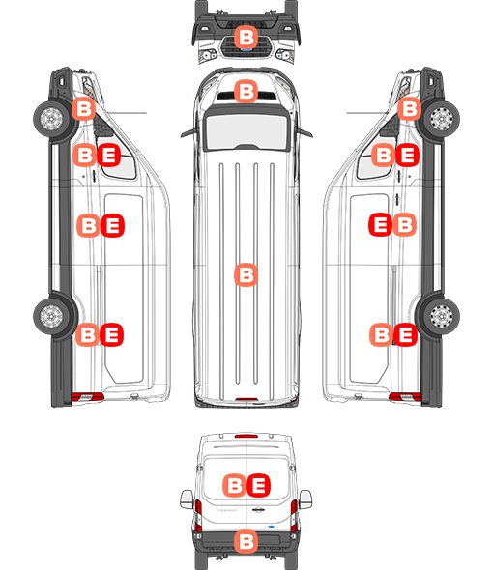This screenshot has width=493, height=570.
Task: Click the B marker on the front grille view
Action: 246,37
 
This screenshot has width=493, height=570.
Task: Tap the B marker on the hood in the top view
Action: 246,91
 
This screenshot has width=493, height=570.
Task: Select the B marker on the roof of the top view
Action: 246,274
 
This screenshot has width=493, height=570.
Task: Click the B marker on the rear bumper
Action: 246,541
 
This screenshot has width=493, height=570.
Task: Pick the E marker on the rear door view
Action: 259,485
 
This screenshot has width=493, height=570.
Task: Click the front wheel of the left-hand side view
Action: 51,119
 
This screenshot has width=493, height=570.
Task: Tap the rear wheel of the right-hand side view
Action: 442,316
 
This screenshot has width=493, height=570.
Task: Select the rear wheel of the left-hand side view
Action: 51,316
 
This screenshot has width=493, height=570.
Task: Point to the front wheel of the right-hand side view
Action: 442,119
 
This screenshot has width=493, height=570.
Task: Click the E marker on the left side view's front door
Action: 109,156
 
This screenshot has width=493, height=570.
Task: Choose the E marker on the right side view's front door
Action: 408,156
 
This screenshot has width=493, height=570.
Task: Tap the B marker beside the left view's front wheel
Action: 83,109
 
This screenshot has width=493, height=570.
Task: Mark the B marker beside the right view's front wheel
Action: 409,109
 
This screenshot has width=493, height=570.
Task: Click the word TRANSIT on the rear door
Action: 227,510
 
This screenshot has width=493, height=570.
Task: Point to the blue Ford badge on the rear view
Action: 271,527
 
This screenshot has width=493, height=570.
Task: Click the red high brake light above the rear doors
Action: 246,436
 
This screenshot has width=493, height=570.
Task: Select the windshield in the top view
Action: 246,130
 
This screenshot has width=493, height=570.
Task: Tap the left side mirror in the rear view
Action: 187,499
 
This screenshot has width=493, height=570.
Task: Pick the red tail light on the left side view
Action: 87,397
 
